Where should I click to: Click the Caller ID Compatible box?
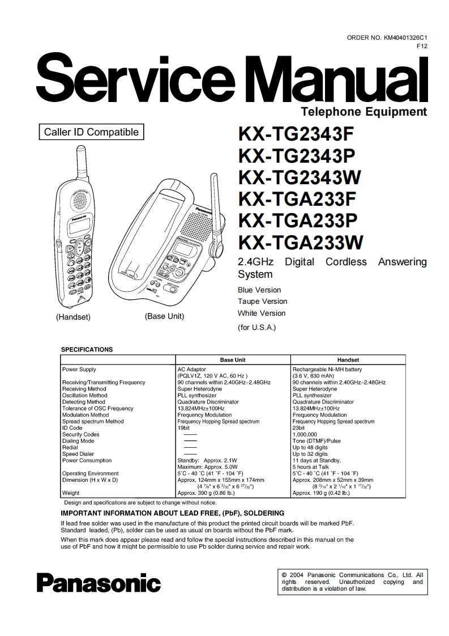91,133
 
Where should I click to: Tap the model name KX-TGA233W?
300,242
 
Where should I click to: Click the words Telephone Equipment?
364,112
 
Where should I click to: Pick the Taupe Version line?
262,302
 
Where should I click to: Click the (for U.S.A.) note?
256,328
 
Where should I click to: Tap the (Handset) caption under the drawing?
73,317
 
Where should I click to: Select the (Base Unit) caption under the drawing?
164,316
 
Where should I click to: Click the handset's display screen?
78,228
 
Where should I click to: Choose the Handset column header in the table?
348,360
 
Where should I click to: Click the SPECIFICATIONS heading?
87,350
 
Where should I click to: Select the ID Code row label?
72,428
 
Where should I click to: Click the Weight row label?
71,493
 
